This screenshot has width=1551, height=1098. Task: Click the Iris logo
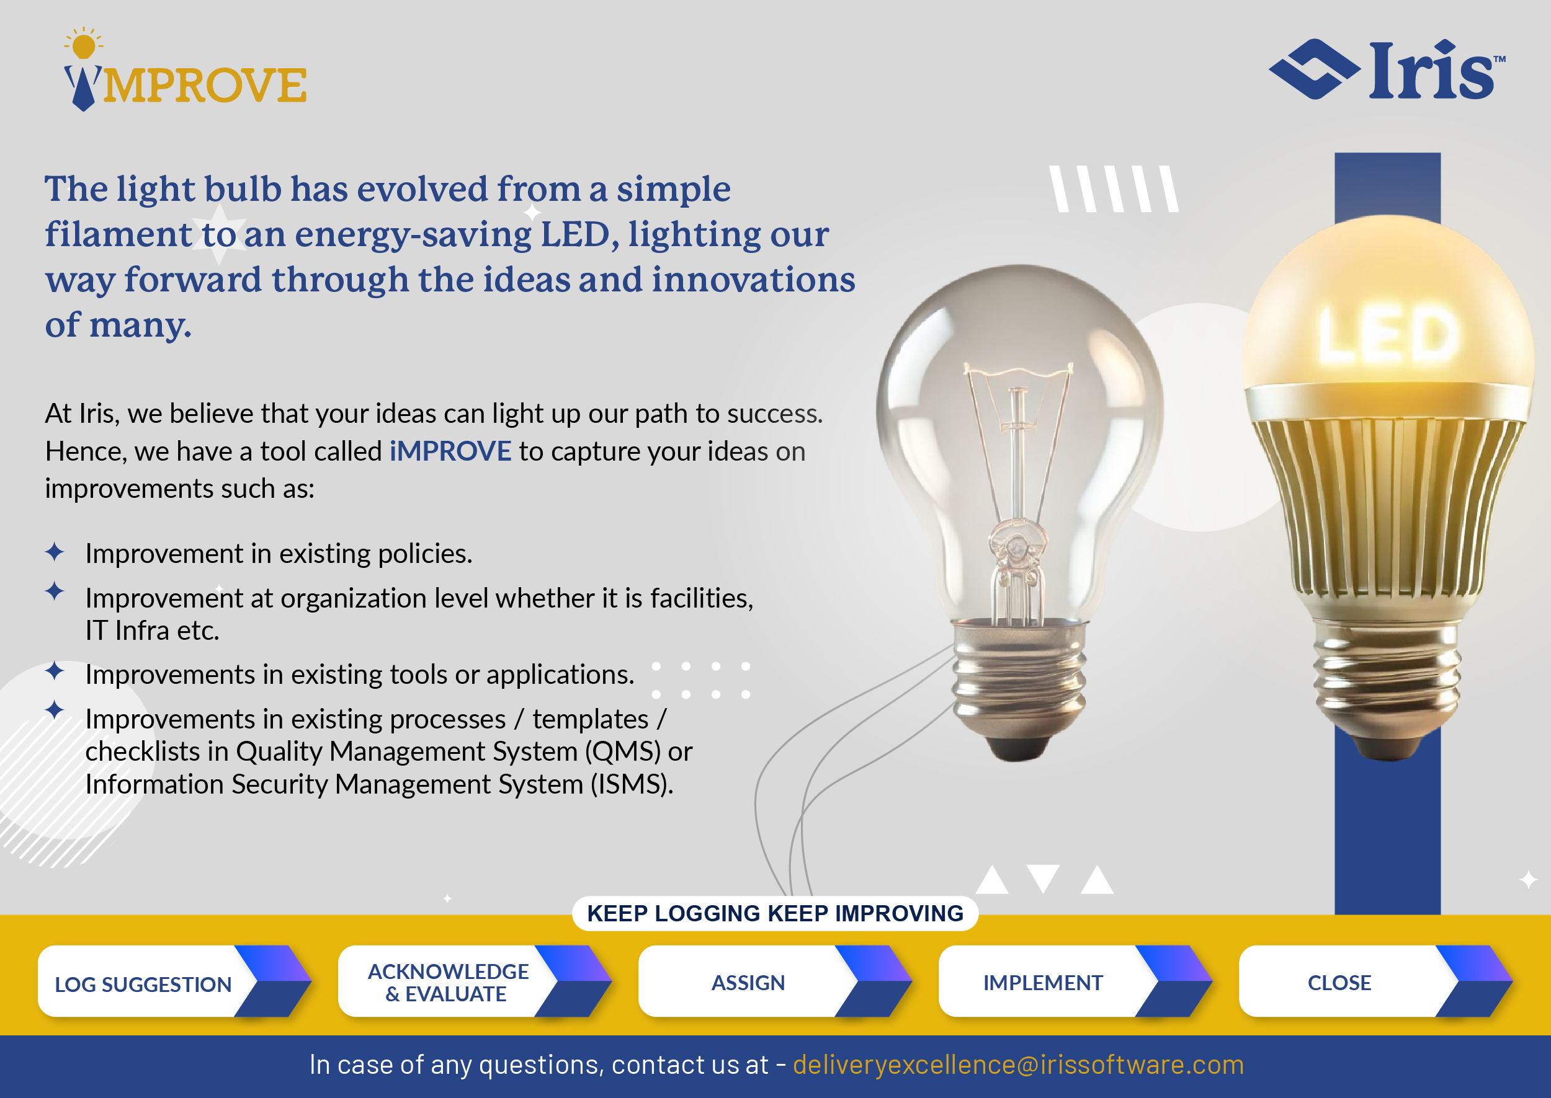[x=1387, y=69]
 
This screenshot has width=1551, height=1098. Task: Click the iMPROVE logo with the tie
[x=185, y=69]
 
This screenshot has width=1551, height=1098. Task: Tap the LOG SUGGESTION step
[x=174, y=981]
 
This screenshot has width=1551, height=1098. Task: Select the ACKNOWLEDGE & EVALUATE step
[x=475, y=981]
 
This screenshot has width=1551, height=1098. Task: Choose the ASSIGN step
[x=775, y=981]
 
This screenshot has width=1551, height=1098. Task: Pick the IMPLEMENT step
[x=1076, y=981]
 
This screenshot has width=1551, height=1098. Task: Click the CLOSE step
[x=1376, y=981]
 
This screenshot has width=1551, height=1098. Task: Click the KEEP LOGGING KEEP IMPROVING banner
[x=775, y=913]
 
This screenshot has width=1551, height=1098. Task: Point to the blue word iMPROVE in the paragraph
[x=450, y=451]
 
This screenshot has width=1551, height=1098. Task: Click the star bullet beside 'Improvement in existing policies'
[x=55, y=552]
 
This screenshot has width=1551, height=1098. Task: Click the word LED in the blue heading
[x=579, y=234]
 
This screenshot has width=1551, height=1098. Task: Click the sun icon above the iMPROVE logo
[x=84, y=45]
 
